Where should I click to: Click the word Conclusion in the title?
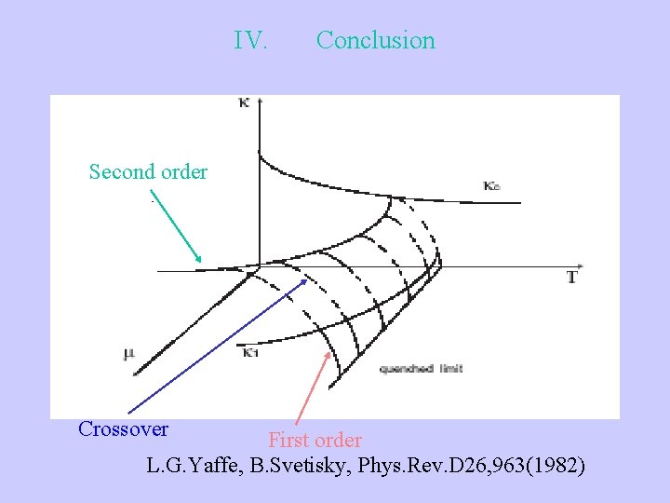(375, 41)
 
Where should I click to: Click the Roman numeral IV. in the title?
(251, 41)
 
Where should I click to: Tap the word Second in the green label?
(122, 171)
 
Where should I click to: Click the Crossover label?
(123, 429)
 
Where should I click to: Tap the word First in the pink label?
(289, 440)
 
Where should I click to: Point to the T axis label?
(571, 278)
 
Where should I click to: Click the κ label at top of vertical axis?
(244, 102)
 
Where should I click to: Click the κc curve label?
(492, 186)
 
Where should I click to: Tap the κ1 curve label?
(249, 353)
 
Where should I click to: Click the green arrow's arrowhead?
(198, 260)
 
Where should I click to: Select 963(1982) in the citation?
(540, 465)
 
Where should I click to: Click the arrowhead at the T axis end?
(579, 267)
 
